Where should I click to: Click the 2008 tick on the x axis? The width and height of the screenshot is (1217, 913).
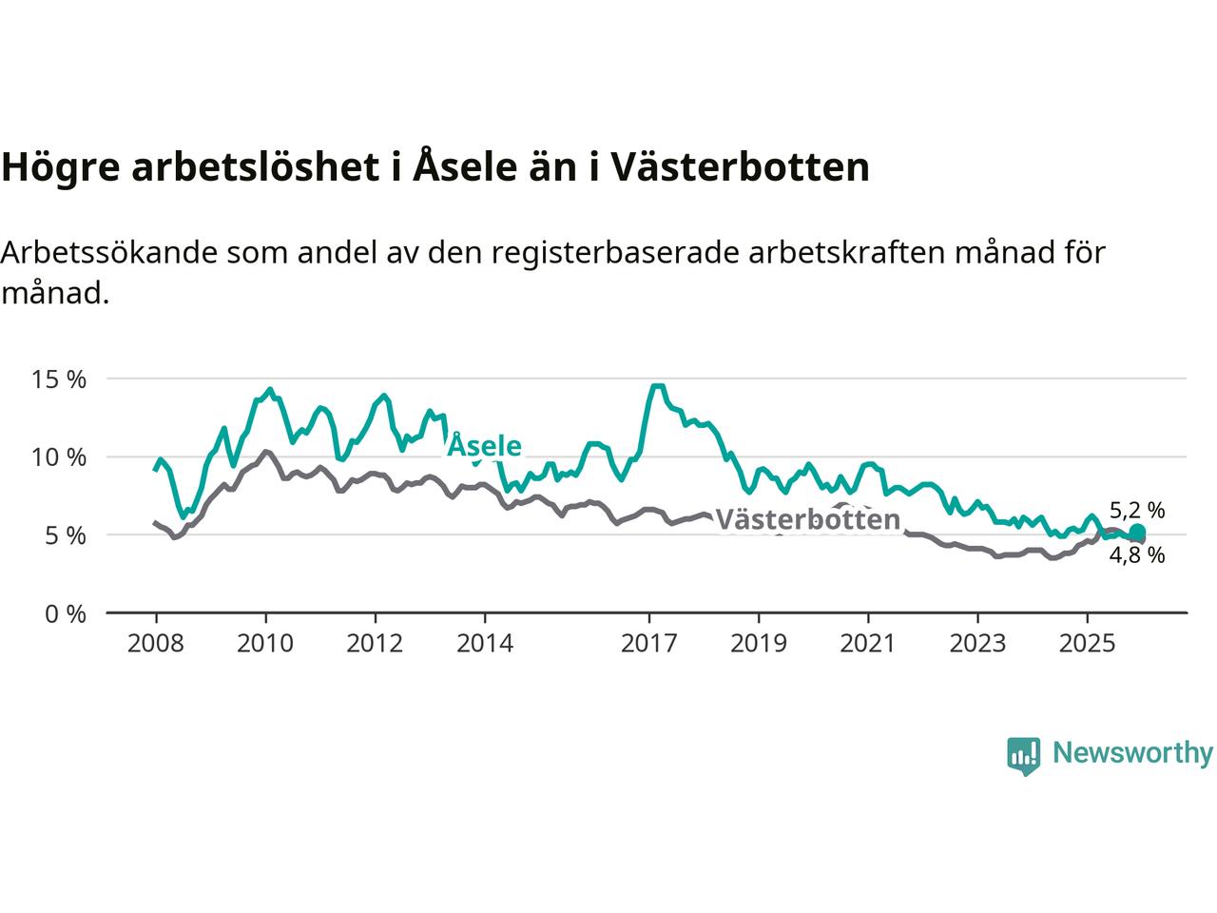point(156,644)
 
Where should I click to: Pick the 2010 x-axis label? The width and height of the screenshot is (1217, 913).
point(265,644)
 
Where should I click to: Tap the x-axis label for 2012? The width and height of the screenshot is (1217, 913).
point(375,644)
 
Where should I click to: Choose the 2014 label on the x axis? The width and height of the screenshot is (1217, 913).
point(484,644)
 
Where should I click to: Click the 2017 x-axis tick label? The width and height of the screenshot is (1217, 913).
point(649,644)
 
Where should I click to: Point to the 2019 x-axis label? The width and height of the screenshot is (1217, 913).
point(759,644)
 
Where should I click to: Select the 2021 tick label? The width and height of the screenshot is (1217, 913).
point(868,644)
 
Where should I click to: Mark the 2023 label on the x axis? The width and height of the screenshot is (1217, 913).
point(977,644)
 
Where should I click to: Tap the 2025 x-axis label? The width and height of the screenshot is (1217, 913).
point(1088,644)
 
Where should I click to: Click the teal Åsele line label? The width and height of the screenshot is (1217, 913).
point(484,446)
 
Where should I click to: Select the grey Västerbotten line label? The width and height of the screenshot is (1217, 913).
point(807,519)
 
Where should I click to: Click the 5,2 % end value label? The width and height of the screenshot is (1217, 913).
point(1137,511)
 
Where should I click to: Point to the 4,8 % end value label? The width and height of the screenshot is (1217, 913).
point(1137,555)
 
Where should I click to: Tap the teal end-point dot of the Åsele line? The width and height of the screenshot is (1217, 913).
point(1137,533)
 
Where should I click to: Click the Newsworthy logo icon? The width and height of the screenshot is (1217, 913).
point(1023,755)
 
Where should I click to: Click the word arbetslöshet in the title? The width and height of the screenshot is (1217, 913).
point(257,166)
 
